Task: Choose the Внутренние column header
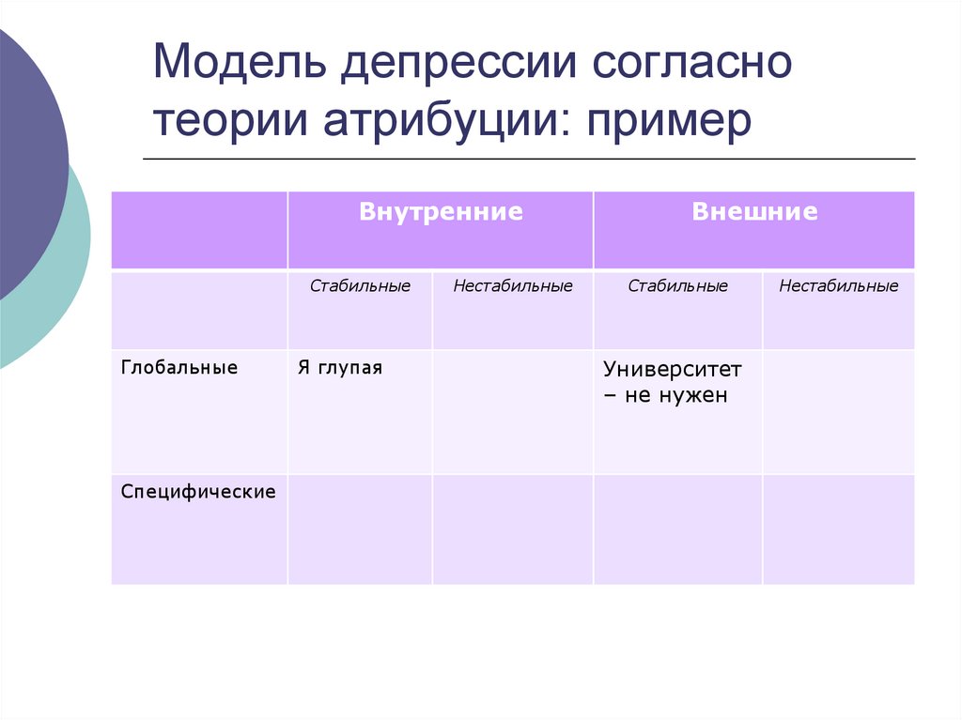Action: [x=440, y=212]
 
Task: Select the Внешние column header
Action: [x=753, y=212]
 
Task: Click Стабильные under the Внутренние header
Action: [x=360, y=286]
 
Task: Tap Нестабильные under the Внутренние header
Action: [x=512, y=286]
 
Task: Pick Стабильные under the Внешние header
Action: [x=677, y=286]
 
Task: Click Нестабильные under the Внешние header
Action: [x=838, y=286]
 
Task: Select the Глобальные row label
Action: [x=178, y=368]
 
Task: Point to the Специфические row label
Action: [x=198, y=491]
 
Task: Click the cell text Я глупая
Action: [x=340, y=368]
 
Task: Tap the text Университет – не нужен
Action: [x=672, y=382]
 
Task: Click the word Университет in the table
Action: [x=673, y=369]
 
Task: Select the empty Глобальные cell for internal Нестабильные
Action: [x=512, y=412]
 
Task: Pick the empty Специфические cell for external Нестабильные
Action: [x=838, y=529]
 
